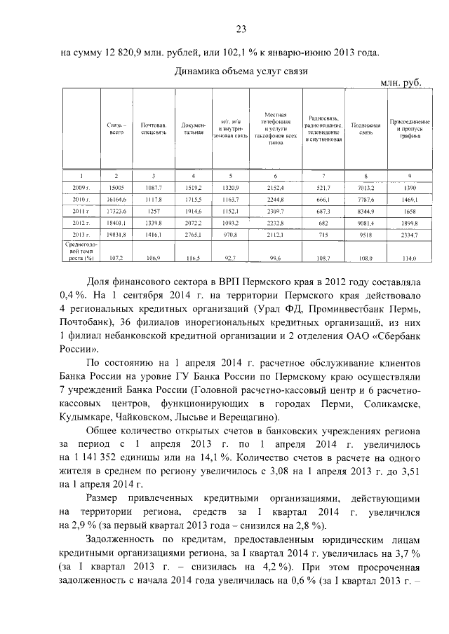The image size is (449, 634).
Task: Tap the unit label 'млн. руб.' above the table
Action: pos(400,83)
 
